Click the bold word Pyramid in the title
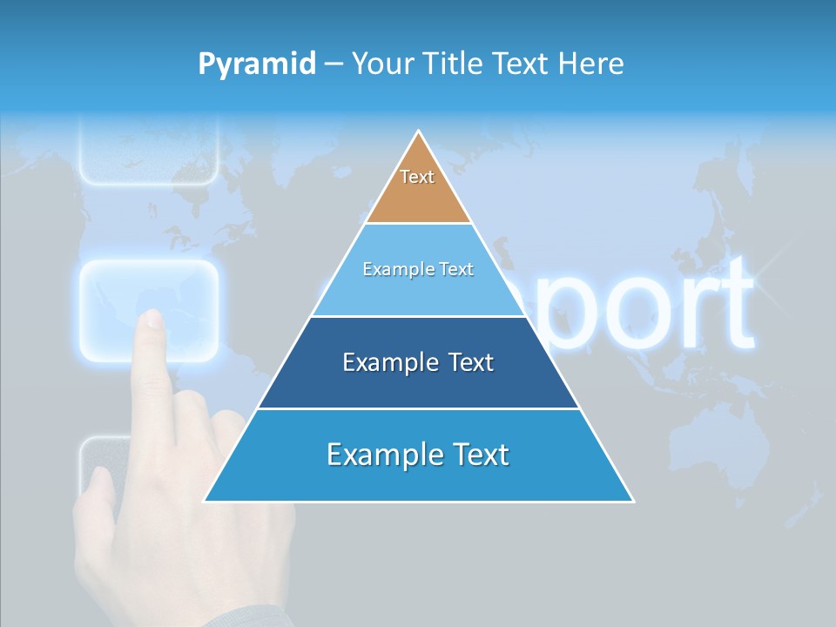tap(257, 64)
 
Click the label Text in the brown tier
tap(417, 177)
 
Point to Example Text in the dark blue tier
tap(418, 362)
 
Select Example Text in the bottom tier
tap(418, 455)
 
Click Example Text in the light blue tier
tap(418, 269)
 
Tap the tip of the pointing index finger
tap(153, 318)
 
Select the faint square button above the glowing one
tap(148, 152)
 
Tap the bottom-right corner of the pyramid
tap(632, 501)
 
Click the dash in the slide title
tap(334, 64)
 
